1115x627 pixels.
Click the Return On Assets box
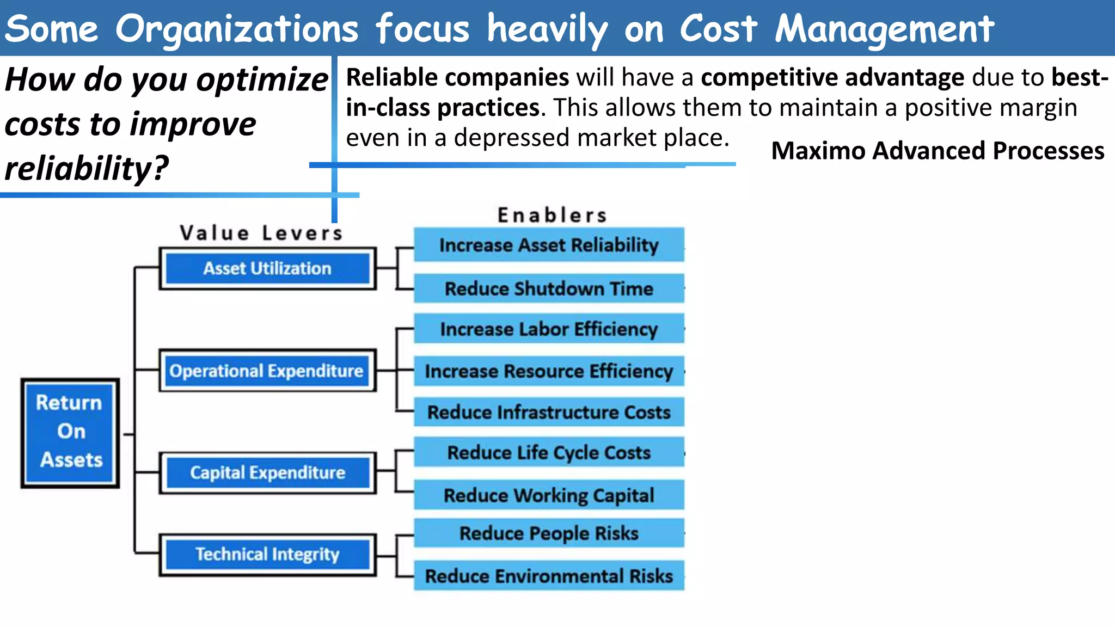[70, 433]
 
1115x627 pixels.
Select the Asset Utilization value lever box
[267, 268]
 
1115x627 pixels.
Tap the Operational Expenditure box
[266, 371]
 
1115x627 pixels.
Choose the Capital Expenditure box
[267, 472]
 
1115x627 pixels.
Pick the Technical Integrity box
[267, 554]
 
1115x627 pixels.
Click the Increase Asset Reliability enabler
[549, 245]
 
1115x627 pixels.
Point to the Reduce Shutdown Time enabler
[549, 288]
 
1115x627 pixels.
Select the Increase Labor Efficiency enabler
[549, 329]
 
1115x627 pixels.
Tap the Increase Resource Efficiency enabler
[549, 371]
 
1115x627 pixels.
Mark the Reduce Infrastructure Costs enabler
[549, 412]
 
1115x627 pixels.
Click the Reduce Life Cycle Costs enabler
[549, 452]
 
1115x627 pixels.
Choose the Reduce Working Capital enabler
[549, 495]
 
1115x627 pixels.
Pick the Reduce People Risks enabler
[549, 533]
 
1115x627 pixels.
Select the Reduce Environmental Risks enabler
[549, 576]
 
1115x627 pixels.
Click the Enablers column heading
[552, 215]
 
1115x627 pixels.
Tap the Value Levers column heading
[261, 233]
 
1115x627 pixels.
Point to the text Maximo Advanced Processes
[938, 151]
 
